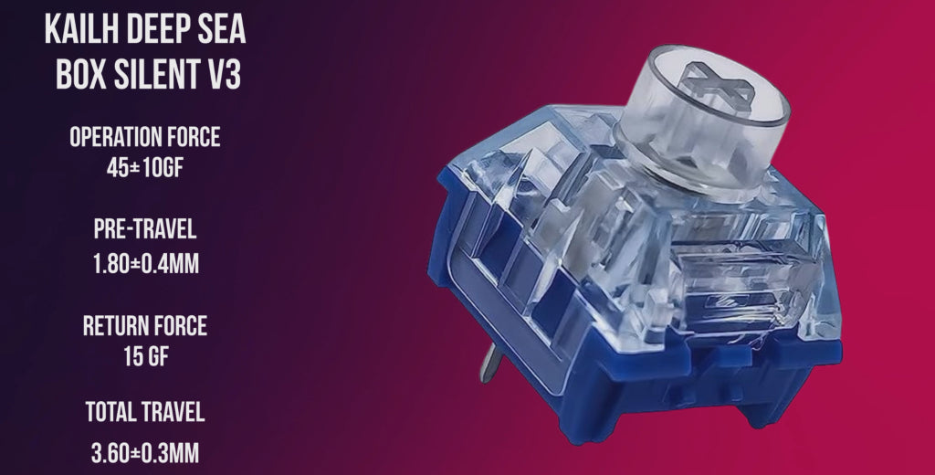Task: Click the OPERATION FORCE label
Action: [145, 138]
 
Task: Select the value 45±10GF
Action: [145, 167]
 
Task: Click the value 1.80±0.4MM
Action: [145, 265]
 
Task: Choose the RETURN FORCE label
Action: [145, 324]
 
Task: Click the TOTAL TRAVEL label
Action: [145, 412]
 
